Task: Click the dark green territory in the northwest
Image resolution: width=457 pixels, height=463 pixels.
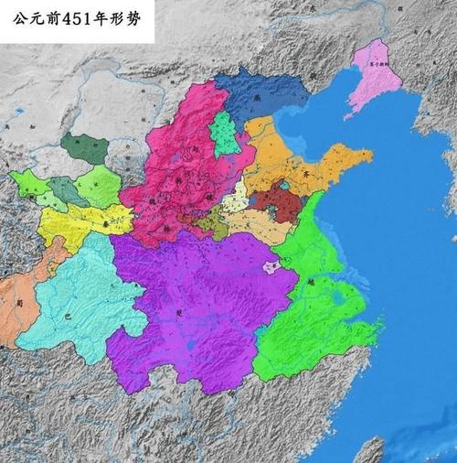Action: [x=85, y=146]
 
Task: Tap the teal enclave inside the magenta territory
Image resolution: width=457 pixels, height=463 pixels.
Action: [x=223, y=135]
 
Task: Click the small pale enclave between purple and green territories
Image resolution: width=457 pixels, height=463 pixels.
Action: [x=271, y=267]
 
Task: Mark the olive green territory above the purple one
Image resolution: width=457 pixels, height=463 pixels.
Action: [x=214, y=225]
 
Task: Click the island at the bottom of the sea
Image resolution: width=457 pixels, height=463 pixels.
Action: [x=369, y=450]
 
